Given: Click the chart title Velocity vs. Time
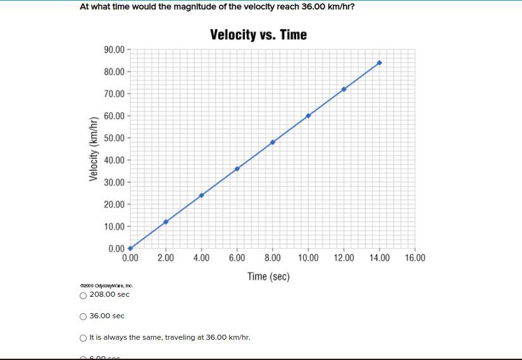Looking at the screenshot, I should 258,35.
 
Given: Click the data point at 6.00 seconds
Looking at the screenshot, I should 237,169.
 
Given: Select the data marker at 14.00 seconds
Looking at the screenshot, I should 379,63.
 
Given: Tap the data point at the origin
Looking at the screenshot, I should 130,249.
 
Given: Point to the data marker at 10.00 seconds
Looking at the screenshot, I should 308,116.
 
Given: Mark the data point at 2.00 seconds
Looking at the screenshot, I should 166,222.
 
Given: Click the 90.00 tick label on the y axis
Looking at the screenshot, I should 114,50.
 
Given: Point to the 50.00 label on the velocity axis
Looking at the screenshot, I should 114,138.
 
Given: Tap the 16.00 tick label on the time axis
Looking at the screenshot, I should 415,258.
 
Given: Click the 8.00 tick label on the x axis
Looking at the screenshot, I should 273,258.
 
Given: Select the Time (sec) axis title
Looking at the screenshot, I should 268,276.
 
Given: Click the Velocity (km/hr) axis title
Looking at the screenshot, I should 94,149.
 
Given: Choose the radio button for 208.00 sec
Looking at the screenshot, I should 84,295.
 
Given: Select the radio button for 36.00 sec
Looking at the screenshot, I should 84,316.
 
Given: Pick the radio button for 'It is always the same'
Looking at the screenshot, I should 84,338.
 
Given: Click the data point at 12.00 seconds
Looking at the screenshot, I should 344,89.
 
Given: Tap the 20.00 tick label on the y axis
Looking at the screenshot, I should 114,204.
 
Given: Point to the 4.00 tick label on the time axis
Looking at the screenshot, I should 201,258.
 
